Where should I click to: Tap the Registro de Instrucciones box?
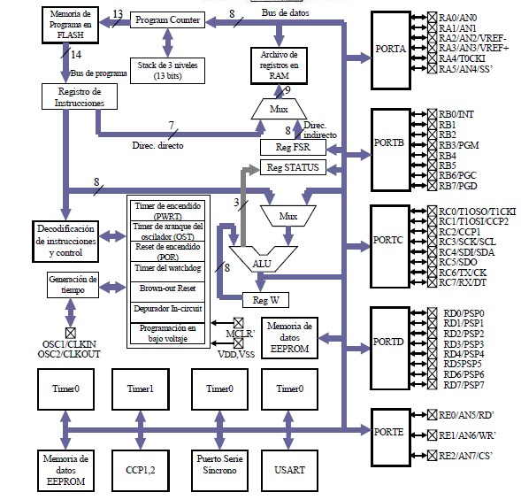(x=79, y=96)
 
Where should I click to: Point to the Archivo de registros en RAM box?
(x=280, y=66)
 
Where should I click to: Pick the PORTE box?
(x=389, y=431)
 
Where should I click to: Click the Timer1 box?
(x=140, y=389)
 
